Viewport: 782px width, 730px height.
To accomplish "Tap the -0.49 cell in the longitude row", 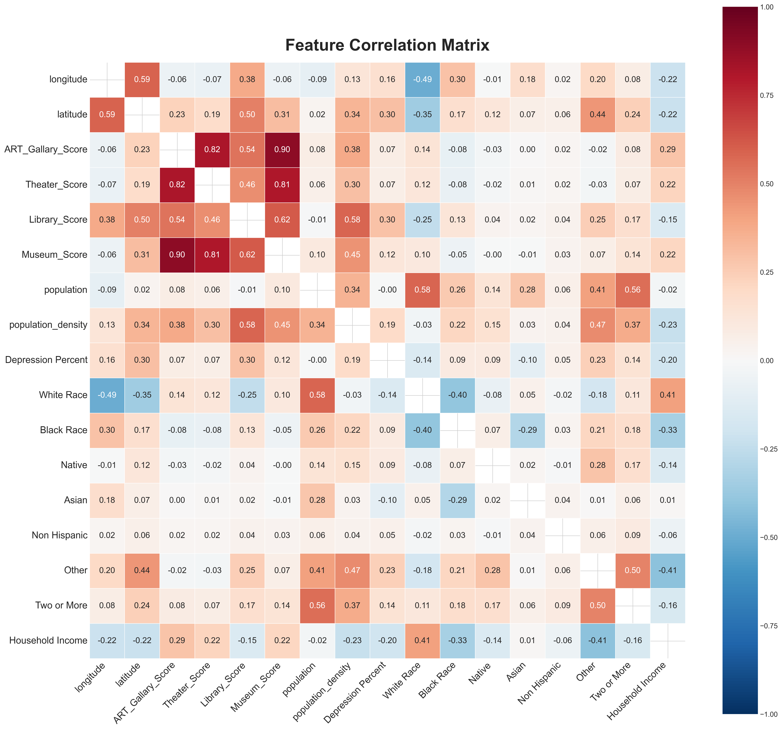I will tap(422, 80).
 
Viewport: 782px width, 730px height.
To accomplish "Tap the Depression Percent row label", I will tap(46, 360).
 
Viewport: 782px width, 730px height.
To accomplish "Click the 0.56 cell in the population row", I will tap(633, 290).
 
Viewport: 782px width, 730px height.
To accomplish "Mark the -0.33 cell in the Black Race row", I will tap(668, 430).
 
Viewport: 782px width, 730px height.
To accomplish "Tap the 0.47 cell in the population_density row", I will tap(598, 325).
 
